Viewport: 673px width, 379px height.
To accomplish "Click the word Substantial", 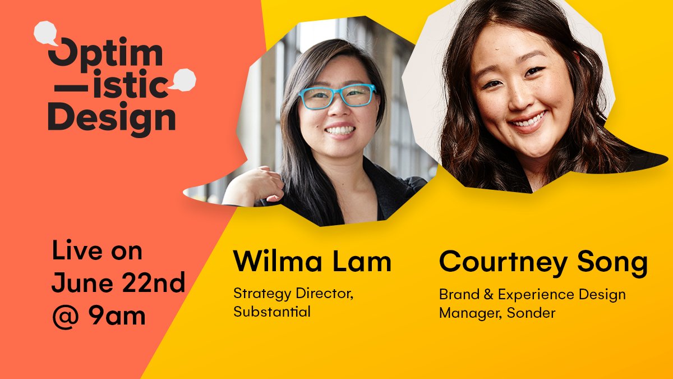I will [272, 312].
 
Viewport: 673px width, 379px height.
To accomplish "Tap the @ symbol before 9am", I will [64, 316].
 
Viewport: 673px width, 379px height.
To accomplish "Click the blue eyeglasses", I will [337, 95].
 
